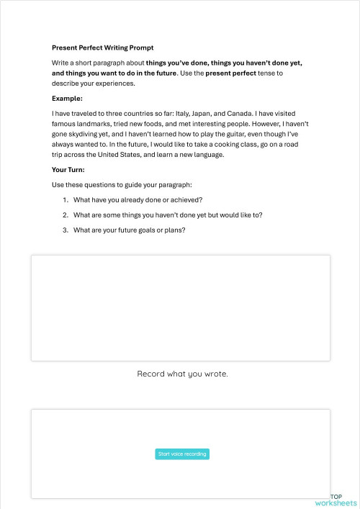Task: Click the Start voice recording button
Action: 182,454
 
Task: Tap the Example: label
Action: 67,98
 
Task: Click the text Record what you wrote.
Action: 182,374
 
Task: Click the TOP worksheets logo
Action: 336,500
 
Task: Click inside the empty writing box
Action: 180,307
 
